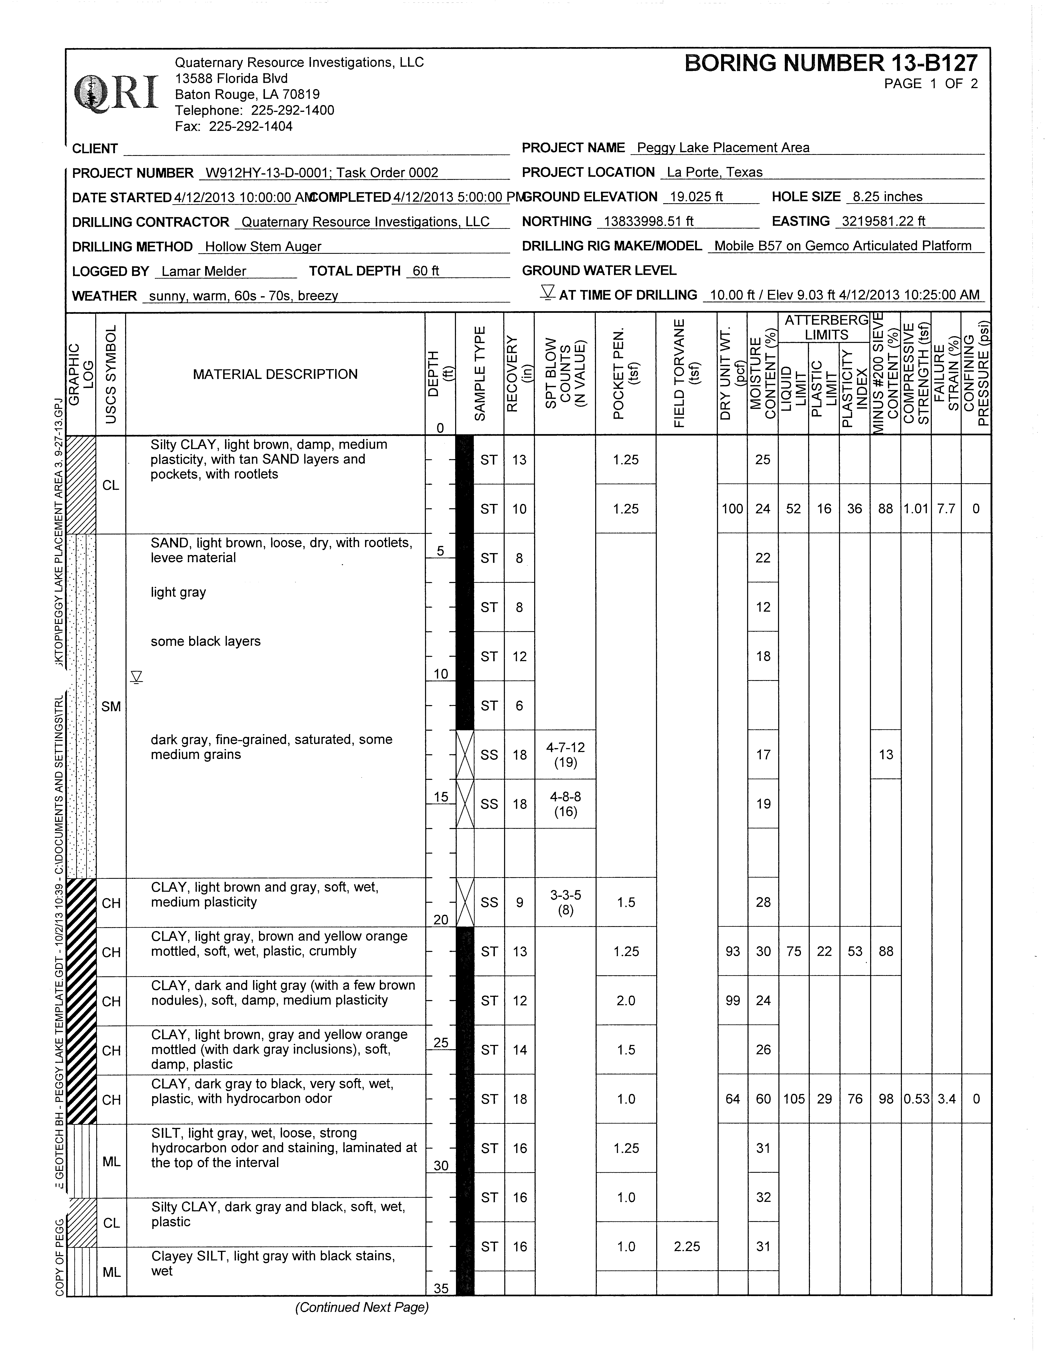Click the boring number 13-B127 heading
click(x=831, y=63)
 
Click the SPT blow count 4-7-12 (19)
click(x=565, y=755)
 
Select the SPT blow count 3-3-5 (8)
click(x=565, y=902)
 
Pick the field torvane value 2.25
click(x=687, y=1246)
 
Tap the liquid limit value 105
click(x=794, y=1099)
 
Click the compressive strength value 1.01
click(x=916, y=509)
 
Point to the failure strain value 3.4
click(x=947, y=1099)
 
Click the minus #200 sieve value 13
click(x=886, y=755)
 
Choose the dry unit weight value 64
click(x=733, y=1099)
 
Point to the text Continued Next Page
click(x=362, y=1307)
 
